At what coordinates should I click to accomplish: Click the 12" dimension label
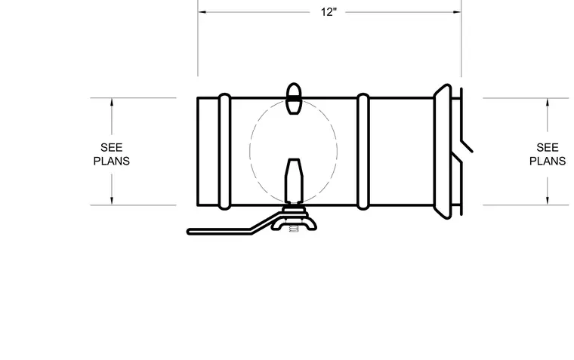point(329,12)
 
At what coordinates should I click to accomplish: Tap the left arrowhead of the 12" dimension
point(202,12)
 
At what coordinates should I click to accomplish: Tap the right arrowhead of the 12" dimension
point(457,12)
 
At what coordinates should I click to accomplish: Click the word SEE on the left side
point(111,147)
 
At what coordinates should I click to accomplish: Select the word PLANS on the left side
point(111,161)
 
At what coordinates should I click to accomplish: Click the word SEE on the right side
point(548,147)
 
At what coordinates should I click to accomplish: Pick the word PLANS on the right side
point(548,161)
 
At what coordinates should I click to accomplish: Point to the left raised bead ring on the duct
point(224,152)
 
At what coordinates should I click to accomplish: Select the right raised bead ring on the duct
point(363,152)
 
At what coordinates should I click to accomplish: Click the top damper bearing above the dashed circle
point(294,98)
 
